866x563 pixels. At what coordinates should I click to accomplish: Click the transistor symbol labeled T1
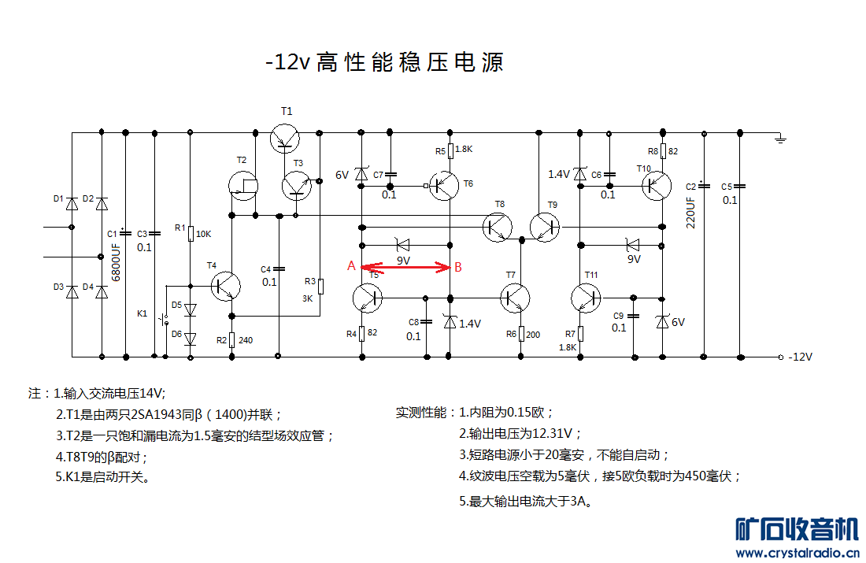click(x=285, y=138)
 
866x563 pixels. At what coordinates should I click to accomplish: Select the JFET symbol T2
click(x=243, y=186)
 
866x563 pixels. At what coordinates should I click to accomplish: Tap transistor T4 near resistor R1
click(x=226, y=286)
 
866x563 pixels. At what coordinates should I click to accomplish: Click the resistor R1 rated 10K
click(x=191, y=234)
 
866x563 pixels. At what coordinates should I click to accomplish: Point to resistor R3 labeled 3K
click(x=320, y=286)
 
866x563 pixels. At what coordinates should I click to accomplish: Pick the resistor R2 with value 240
click(x=232, y=340)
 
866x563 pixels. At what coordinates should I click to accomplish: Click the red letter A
click(x=351, y=266)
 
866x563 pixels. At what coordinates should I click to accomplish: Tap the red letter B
click(x=458, y=268)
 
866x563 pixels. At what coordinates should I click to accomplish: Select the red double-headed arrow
click(x=405, y=268)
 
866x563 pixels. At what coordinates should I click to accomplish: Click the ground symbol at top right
click(x=780, y=139)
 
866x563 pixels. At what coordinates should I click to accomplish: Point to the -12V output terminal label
click(x=801, y=357)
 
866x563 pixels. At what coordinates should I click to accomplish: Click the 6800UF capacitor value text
click(x=116, y=262)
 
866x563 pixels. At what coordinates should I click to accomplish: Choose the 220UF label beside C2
click(x=690, y=212)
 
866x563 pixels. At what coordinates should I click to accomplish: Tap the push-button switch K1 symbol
click(x=164, y=320)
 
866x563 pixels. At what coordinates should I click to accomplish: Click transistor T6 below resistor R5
click(x=444, y=186)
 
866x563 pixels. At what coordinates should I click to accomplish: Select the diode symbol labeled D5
click(x=190, y=310)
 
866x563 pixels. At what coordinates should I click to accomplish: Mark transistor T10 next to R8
click(x=657, y=186)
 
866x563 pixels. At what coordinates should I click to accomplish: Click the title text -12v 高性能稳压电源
click(x=384, y=62)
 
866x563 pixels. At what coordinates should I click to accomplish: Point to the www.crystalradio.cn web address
click(x=798, y=553)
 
